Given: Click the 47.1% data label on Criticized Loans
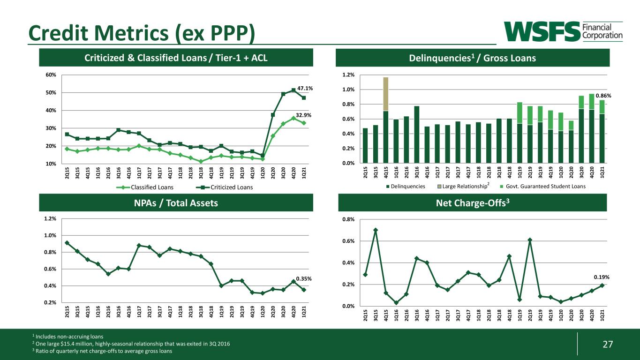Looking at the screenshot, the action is (x=305, y=88).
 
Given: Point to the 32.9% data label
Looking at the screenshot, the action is (x=303, y=115).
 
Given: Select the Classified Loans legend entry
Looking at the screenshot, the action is (x=145, y=187).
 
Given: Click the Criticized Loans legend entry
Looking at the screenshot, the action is (x=225, y=187).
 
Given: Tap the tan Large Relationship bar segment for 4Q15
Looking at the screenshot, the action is (x=386, y=94).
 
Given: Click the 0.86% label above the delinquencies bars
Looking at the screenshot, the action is (x=603, y=96).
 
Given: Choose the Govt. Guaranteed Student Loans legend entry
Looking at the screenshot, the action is (x=543, y=187).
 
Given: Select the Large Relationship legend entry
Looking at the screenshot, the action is (x=463, y=187).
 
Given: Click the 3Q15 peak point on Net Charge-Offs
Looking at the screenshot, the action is (x=376, y=230).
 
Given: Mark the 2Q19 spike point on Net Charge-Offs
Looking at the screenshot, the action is (x=530, y=240).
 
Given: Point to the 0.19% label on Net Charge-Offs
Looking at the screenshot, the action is (x=602, y=277).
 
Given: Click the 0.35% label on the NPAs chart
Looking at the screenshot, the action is (x=304, y=278).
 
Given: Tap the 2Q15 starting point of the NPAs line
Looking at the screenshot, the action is (x=67, y=243).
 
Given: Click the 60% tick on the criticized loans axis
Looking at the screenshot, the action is (x=51, y=75).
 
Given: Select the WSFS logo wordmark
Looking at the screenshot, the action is (x=542, y=31).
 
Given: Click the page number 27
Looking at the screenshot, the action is (x=608, y=344).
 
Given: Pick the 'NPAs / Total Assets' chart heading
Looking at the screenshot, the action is (x=176, y=203).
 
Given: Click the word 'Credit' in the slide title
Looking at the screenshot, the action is (x=58, y=33).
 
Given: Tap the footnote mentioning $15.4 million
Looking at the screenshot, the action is (x=133, y=344).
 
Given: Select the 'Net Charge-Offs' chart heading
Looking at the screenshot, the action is (x=473, y=203).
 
